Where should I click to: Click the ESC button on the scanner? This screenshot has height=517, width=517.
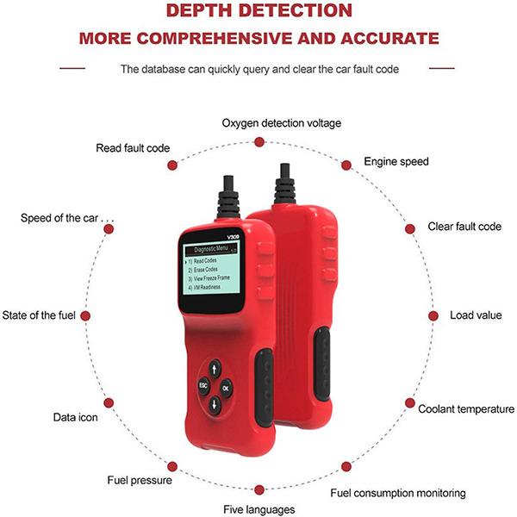[203, 385]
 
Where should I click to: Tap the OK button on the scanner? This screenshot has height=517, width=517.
[226, 389]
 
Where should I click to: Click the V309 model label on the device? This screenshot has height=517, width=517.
[233, 237]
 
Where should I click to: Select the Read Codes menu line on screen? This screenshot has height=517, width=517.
[202, 261]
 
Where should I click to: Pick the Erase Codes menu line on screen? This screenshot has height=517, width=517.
[202, 270]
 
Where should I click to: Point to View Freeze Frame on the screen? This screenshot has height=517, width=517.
[209, 278]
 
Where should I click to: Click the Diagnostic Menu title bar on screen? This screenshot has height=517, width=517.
[211, 250]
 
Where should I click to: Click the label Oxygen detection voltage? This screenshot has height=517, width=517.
[281, 123]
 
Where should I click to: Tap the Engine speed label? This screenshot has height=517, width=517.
[396, 162]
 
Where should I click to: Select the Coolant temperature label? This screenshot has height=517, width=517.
[466, 409]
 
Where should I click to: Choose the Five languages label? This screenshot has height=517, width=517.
[259, 509]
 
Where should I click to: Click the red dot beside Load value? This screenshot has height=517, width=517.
[433, 316]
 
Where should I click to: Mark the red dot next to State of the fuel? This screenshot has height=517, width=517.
[85, 316]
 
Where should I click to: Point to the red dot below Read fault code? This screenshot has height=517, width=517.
[172, 165]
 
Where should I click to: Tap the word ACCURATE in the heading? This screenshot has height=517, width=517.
[389, 38]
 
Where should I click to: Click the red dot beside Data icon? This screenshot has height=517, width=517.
[109, 403]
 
